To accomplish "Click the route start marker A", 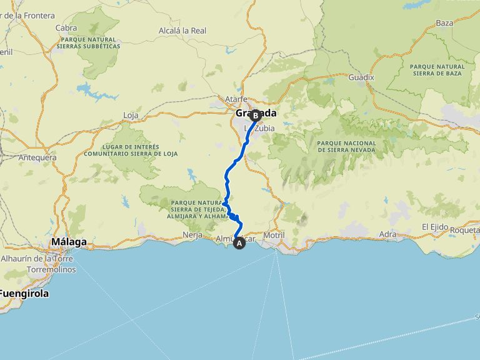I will point(239,244).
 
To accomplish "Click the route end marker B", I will point(256,115).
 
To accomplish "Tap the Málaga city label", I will point(69,242).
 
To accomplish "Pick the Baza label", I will point(444,23).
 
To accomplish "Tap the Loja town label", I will point(131,115).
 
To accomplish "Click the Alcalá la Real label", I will point(182,30).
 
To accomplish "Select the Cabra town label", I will point(66,27).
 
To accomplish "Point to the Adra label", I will point(387,234).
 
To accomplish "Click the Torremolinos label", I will point(51,269).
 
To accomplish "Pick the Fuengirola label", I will point(24,293).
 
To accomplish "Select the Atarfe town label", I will point(237,99).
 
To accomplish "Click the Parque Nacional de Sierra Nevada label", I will point(347,146).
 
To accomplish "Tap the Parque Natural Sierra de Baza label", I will point(437,69).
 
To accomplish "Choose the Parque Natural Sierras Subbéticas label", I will point(88,42).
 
